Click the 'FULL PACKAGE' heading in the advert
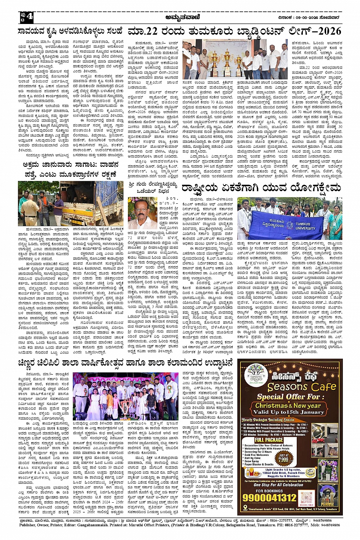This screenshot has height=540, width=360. [x=269, y=439]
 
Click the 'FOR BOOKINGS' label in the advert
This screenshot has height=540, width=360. [x=269, y=490]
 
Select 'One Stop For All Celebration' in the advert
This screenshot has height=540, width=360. [x=278, y=485]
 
